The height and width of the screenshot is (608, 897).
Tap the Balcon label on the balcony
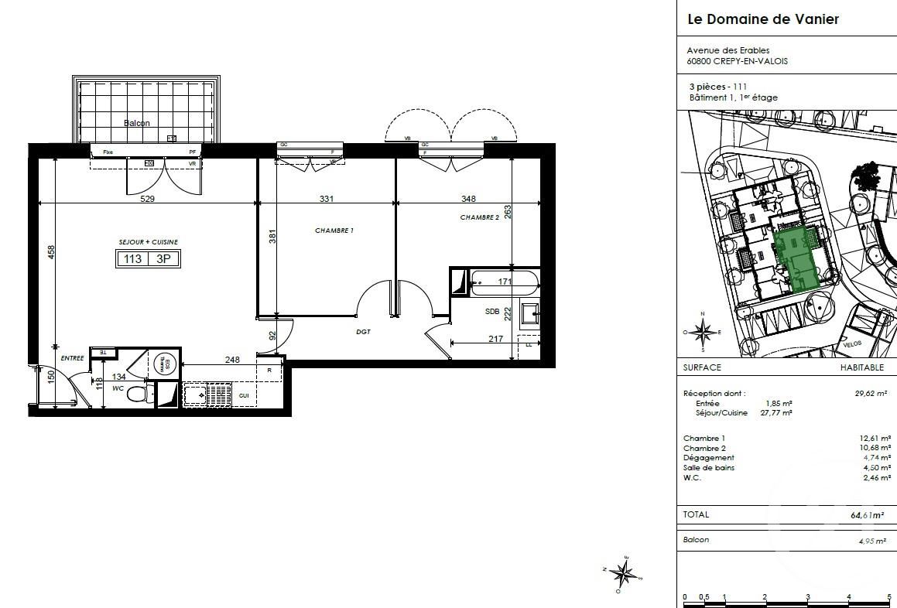tap(137, 123)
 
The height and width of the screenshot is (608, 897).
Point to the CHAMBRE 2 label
tap(480, 217)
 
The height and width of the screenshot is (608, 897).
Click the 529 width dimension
tap(148, 199)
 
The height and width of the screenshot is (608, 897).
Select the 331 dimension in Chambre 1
tap(326, 199)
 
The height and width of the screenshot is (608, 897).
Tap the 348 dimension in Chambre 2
tap(467, 199)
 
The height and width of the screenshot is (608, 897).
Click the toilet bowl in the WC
tap(137, 395)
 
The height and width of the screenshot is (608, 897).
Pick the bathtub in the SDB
tap(503, 282)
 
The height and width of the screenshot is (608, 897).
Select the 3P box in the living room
tap(163, 259)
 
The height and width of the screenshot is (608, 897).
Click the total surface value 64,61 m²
tap(866, 514)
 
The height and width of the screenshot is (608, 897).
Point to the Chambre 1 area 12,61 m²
tap(875, 438)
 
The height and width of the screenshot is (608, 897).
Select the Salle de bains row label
tap(708, 467)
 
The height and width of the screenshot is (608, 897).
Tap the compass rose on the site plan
tap(703, 332)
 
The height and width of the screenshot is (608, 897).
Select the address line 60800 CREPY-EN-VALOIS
tap(738, 61)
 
